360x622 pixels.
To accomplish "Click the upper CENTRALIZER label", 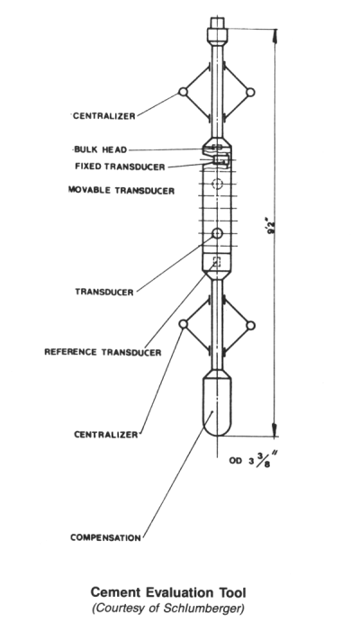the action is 104,116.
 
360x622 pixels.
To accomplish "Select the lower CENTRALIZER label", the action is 106,435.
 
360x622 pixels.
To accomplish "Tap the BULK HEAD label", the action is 101,149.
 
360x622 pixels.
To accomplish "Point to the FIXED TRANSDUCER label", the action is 120,167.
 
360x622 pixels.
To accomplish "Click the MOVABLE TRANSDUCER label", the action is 121,191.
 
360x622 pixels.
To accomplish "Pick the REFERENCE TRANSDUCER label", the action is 103,352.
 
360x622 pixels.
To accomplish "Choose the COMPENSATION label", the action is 106,537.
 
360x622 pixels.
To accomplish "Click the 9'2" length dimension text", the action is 271,225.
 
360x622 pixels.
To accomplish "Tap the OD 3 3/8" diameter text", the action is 251,460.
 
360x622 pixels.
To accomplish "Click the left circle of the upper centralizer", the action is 183,92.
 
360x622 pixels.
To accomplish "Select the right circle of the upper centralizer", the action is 250,93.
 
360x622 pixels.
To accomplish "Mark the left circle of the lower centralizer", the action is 184,324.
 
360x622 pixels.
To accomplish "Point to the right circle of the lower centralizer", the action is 250,326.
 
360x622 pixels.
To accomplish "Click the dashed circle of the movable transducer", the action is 217,184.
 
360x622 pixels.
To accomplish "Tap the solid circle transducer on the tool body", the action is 217,233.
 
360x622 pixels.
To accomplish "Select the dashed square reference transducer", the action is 217,261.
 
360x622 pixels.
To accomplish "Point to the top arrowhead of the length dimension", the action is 274,36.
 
